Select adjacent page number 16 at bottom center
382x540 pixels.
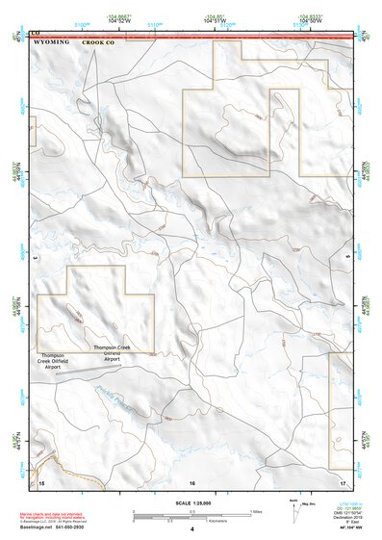point(192,480)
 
